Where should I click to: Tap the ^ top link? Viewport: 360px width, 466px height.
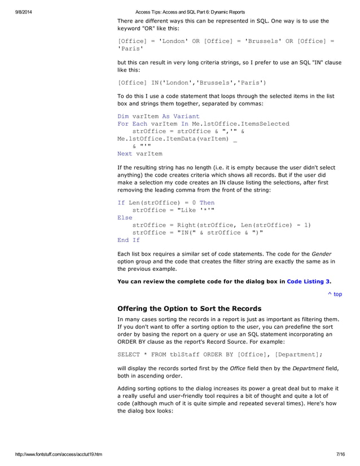[335, 294]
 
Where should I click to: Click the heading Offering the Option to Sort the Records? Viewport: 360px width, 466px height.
[189, 309]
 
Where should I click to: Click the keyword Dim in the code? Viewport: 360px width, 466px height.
[123, 116]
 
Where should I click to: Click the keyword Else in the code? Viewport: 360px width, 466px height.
[125, 217]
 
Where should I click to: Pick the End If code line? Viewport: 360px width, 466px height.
[128, 240]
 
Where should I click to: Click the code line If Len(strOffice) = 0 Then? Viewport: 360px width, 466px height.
[166, 203]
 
